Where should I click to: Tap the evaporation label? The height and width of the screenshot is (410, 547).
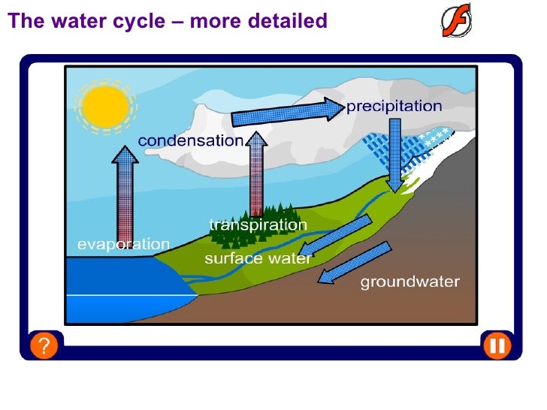(x=124, y=244)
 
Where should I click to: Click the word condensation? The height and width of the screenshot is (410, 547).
(x=191, y=140)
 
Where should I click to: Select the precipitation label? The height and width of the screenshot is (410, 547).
(x=394, y=107)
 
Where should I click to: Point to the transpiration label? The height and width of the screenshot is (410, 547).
(x=258, y=225)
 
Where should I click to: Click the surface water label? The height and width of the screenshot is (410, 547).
(x=258, y=259)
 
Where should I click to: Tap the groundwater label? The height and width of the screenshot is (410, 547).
(x=409, y=282)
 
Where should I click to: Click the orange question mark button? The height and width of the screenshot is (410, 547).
(x=45, y=346)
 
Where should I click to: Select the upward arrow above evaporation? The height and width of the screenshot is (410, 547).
(x=125, y=191)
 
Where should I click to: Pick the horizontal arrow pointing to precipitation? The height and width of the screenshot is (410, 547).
(x=286, y=113)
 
